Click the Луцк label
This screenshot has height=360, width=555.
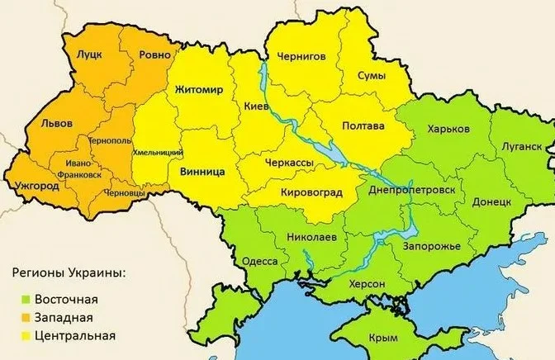point(89,54)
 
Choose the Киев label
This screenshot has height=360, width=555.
point(256,107)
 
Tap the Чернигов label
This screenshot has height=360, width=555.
point(304,57)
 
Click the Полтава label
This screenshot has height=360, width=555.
point(363,126)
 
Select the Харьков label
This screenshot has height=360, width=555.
point(448,130)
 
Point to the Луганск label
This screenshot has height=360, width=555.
point(521,145)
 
